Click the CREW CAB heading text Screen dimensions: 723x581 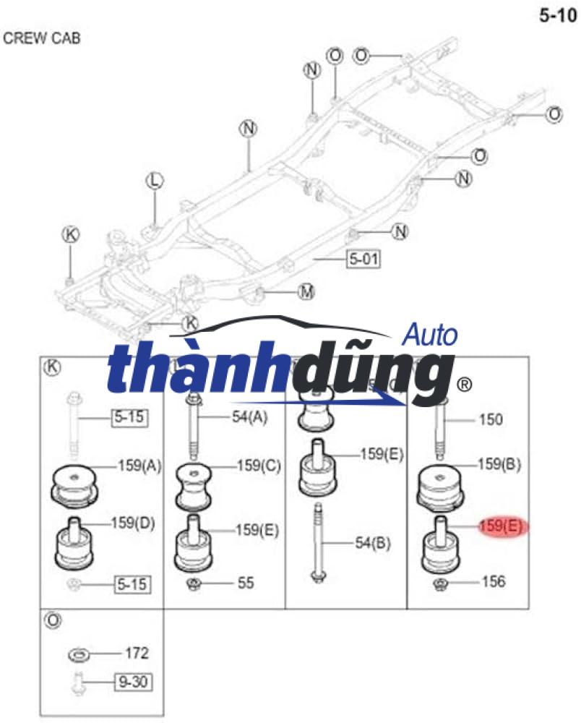(x=42, y=38)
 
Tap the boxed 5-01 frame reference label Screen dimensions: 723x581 (x=363, y=258)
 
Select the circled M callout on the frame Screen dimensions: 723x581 (x=306, y=292)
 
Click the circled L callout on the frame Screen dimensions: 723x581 (x=153, y=181)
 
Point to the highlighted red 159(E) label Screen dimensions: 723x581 (x=500, y=526)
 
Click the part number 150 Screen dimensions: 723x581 (x=490, y=419)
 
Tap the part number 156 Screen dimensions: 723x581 (x=493, y=581)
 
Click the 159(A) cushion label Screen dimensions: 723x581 (x=139, y=466)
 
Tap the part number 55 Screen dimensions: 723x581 (x=246, y=582)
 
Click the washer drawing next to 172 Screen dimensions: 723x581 (x=79, y=655)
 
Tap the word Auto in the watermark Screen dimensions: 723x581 (x=429, y=335)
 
